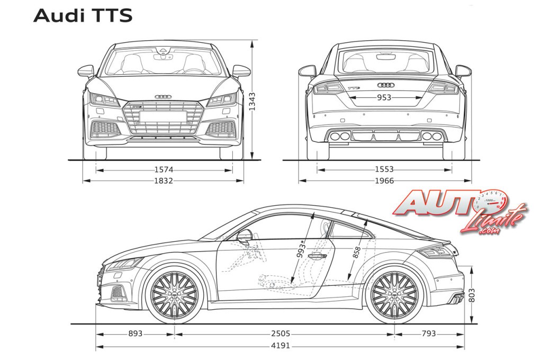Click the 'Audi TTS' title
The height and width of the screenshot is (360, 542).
coord(83,16)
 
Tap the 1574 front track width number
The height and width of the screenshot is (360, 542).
coord(164,170)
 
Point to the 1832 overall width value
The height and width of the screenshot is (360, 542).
coord(164,181)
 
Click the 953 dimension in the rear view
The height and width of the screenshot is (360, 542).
coord(384,97)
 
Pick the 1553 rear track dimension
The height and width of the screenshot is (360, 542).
coord(384,170)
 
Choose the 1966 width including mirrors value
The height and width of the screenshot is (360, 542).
coord(384,181)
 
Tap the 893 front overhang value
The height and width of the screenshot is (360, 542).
coord(135,334)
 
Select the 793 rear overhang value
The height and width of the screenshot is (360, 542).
coord(429,334)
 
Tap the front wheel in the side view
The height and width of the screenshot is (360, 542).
coord(174,295)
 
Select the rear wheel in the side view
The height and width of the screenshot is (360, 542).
coord(394,295)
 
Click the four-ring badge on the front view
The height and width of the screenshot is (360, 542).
coord(163,96)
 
